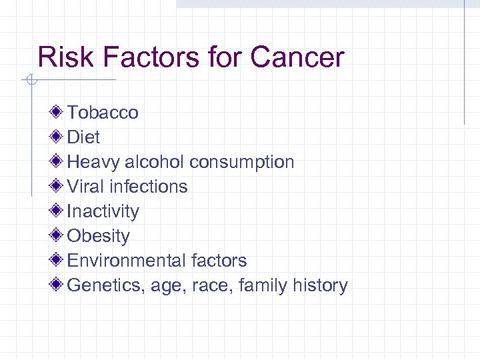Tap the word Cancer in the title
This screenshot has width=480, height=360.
coord(297,57)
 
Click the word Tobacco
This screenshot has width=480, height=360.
coord(103,112)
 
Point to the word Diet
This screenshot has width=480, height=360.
coord(83,137)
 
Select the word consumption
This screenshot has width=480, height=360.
coord(241,161)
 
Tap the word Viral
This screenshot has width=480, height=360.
coord(85,186)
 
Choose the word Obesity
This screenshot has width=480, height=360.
coord(99,235)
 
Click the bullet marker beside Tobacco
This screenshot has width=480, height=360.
coord(58,111)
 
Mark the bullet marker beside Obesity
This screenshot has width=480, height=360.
coord(58,235)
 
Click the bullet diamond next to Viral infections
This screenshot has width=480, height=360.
coord(58,185)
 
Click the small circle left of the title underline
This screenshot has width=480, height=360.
coord(30,81)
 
